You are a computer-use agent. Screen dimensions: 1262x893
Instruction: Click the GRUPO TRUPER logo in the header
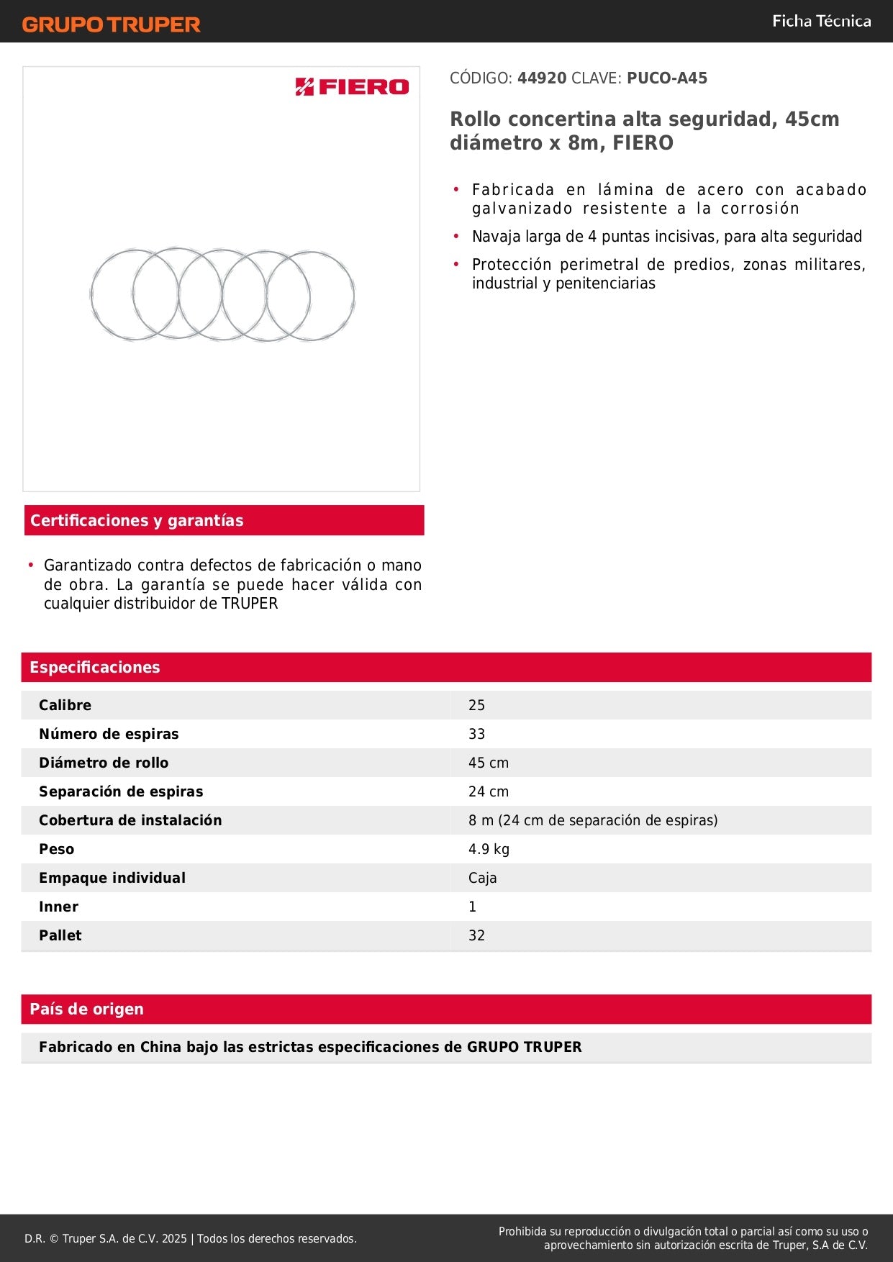[112, 24]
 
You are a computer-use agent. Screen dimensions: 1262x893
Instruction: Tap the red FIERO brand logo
[352, 87]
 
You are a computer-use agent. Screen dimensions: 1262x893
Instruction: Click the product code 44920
[542, 78]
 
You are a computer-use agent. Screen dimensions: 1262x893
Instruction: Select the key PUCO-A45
[667, 78]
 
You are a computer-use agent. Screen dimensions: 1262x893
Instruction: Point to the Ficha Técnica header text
[821, 22]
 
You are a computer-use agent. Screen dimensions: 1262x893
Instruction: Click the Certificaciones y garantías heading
[137, 520]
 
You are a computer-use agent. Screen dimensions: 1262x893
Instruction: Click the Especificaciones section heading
[95, 667]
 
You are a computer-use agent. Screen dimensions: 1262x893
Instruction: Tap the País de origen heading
[86, 1009]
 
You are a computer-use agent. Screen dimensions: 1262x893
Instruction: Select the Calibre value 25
[476, 705]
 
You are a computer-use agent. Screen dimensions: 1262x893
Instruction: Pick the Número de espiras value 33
[476, 734]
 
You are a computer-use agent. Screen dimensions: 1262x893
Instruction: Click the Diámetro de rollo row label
[104, 763]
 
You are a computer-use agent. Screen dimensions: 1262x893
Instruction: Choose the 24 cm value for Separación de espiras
[488, 791]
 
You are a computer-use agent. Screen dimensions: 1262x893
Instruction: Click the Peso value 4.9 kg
[489, 849]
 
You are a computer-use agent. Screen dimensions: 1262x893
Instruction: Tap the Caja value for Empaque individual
[482, 878]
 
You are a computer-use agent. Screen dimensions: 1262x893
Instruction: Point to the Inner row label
[58, 907]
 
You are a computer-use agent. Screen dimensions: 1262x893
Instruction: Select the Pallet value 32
[476, 935]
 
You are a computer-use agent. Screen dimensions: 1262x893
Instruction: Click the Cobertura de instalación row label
[130, 820]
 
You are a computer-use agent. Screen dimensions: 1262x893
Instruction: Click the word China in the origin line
[160, 1047]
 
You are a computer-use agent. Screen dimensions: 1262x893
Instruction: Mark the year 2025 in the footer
[174, 1238]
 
